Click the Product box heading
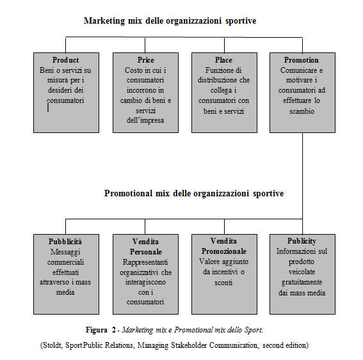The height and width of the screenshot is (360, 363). pyautogui.click(x=65, y=60)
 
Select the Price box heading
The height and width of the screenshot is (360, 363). pyautogui.click(x=145, y=60)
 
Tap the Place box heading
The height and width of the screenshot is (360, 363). pyautogui.click(x=223, y=60)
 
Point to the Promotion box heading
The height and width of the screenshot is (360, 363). pyautogui.click(x=302, y=60)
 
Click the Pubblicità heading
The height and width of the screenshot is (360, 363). pyautogui.click(x=65, y=242)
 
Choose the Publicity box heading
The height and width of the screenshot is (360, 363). pyautogui.click(x=302, y=241)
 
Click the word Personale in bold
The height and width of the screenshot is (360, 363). pyautogui.click(x=146, y=252)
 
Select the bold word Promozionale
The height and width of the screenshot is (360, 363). pyautogui.click(x=224, y=251)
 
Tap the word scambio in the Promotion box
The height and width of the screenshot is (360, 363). pyautogui.click(x=302, y=111)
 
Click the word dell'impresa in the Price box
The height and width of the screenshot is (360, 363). pyautogui.click(x=145, y=120)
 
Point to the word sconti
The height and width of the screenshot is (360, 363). pyautogui.click(x=223, y=283)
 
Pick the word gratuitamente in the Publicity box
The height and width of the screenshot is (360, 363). pyautogui.click(x=302, y=283)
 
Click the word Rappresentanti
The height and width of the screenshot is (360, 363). pyautogui.click(x=145, y=262)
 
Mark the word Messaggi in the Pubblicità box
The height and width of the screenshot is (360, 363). pyautogui.click(x=65, y=252)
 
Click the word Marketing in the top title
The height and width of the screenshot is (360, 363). pyautogui.click(x=104, y=21)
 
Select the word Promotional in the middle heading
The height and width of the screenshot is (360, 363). pyautogui.click(x=128, y=193)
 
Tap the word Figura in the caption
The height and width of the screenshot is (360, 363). pyautogui.click(x=97, y=330)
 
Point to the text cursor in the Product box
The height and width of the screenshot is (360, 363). pyautogui.click(x=48, y=108)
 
